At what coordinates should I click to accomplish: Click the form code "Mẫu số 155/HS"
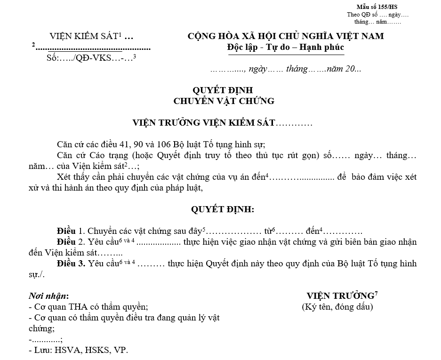377,7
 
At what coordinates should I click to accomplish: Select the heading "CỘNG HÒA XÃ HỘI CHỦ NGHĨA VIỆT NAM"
286,36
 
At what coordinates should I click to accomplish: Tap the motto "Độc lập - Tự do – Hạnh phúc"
285,48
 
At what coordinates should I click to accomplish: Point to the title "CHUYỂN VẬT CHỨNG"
224,101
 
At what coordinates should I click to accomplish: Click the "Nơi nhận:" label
49,296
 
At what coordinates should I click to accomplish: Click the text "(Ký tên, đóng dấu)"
337,307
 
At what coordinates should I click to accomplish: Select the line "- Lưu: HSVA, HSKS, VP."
78,350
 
